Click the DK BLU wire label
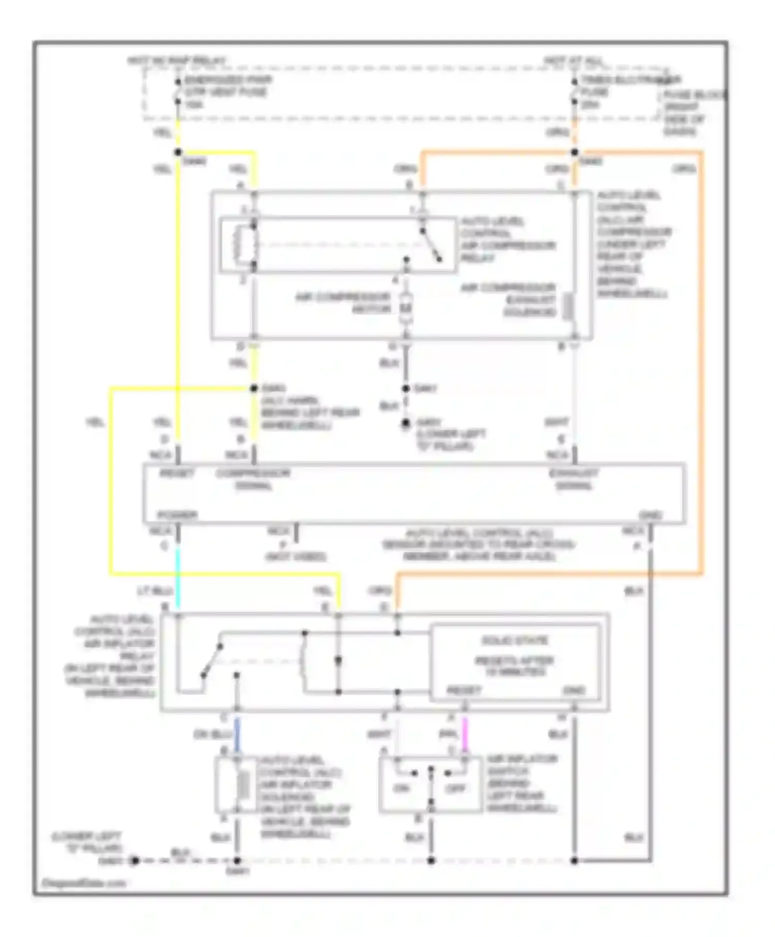212,734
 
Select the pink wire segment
464,734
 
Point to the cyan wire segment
178,571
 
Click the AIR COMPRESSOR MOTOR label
343,303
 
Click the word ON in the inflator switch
401,788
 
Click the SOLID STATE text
515,641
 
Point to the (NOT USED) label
296,556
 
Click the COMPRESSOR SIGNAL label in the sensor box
253,479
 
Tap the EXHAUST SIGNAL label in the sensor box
574,479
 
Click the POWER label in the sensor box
177,515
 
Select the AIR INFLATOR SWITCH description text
522,783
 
